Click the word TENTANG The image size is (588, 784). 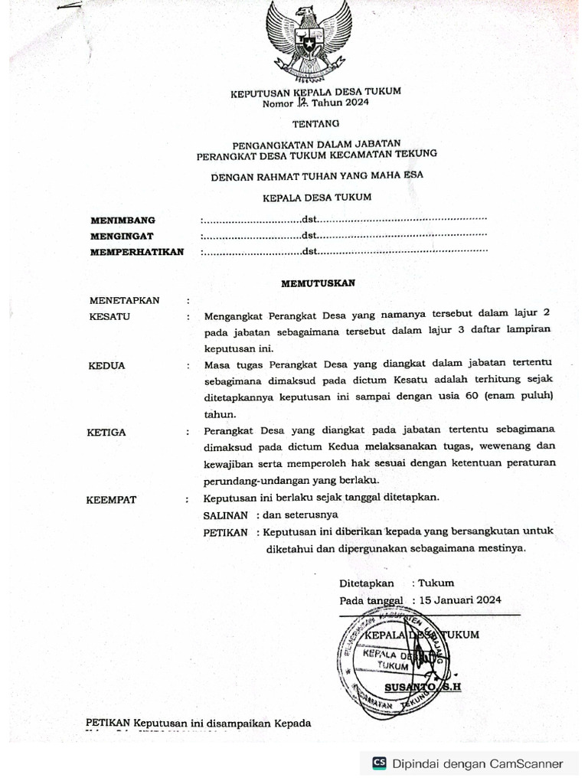315,122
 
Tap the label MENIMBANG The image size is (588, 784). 122,220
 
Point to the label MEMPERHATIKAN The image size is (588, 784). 137,251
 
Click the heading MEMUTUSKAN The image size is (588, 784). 318,283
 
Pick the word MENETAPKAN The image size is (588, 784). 124,301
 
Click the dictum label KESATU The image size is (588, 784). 109,316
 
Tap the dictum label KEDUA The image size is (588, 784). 106,366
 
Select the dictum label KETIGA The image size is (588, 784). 106,433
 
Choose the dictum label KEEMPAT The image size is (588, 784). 111,500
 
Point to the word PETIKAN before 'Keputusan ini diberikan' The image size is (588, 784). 226,532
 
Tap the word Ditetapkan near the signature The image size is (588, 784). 367,583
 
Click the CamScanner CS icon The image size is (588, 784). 379,763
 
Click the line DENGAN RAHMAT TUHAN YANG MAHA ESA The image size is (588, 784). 317,175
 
